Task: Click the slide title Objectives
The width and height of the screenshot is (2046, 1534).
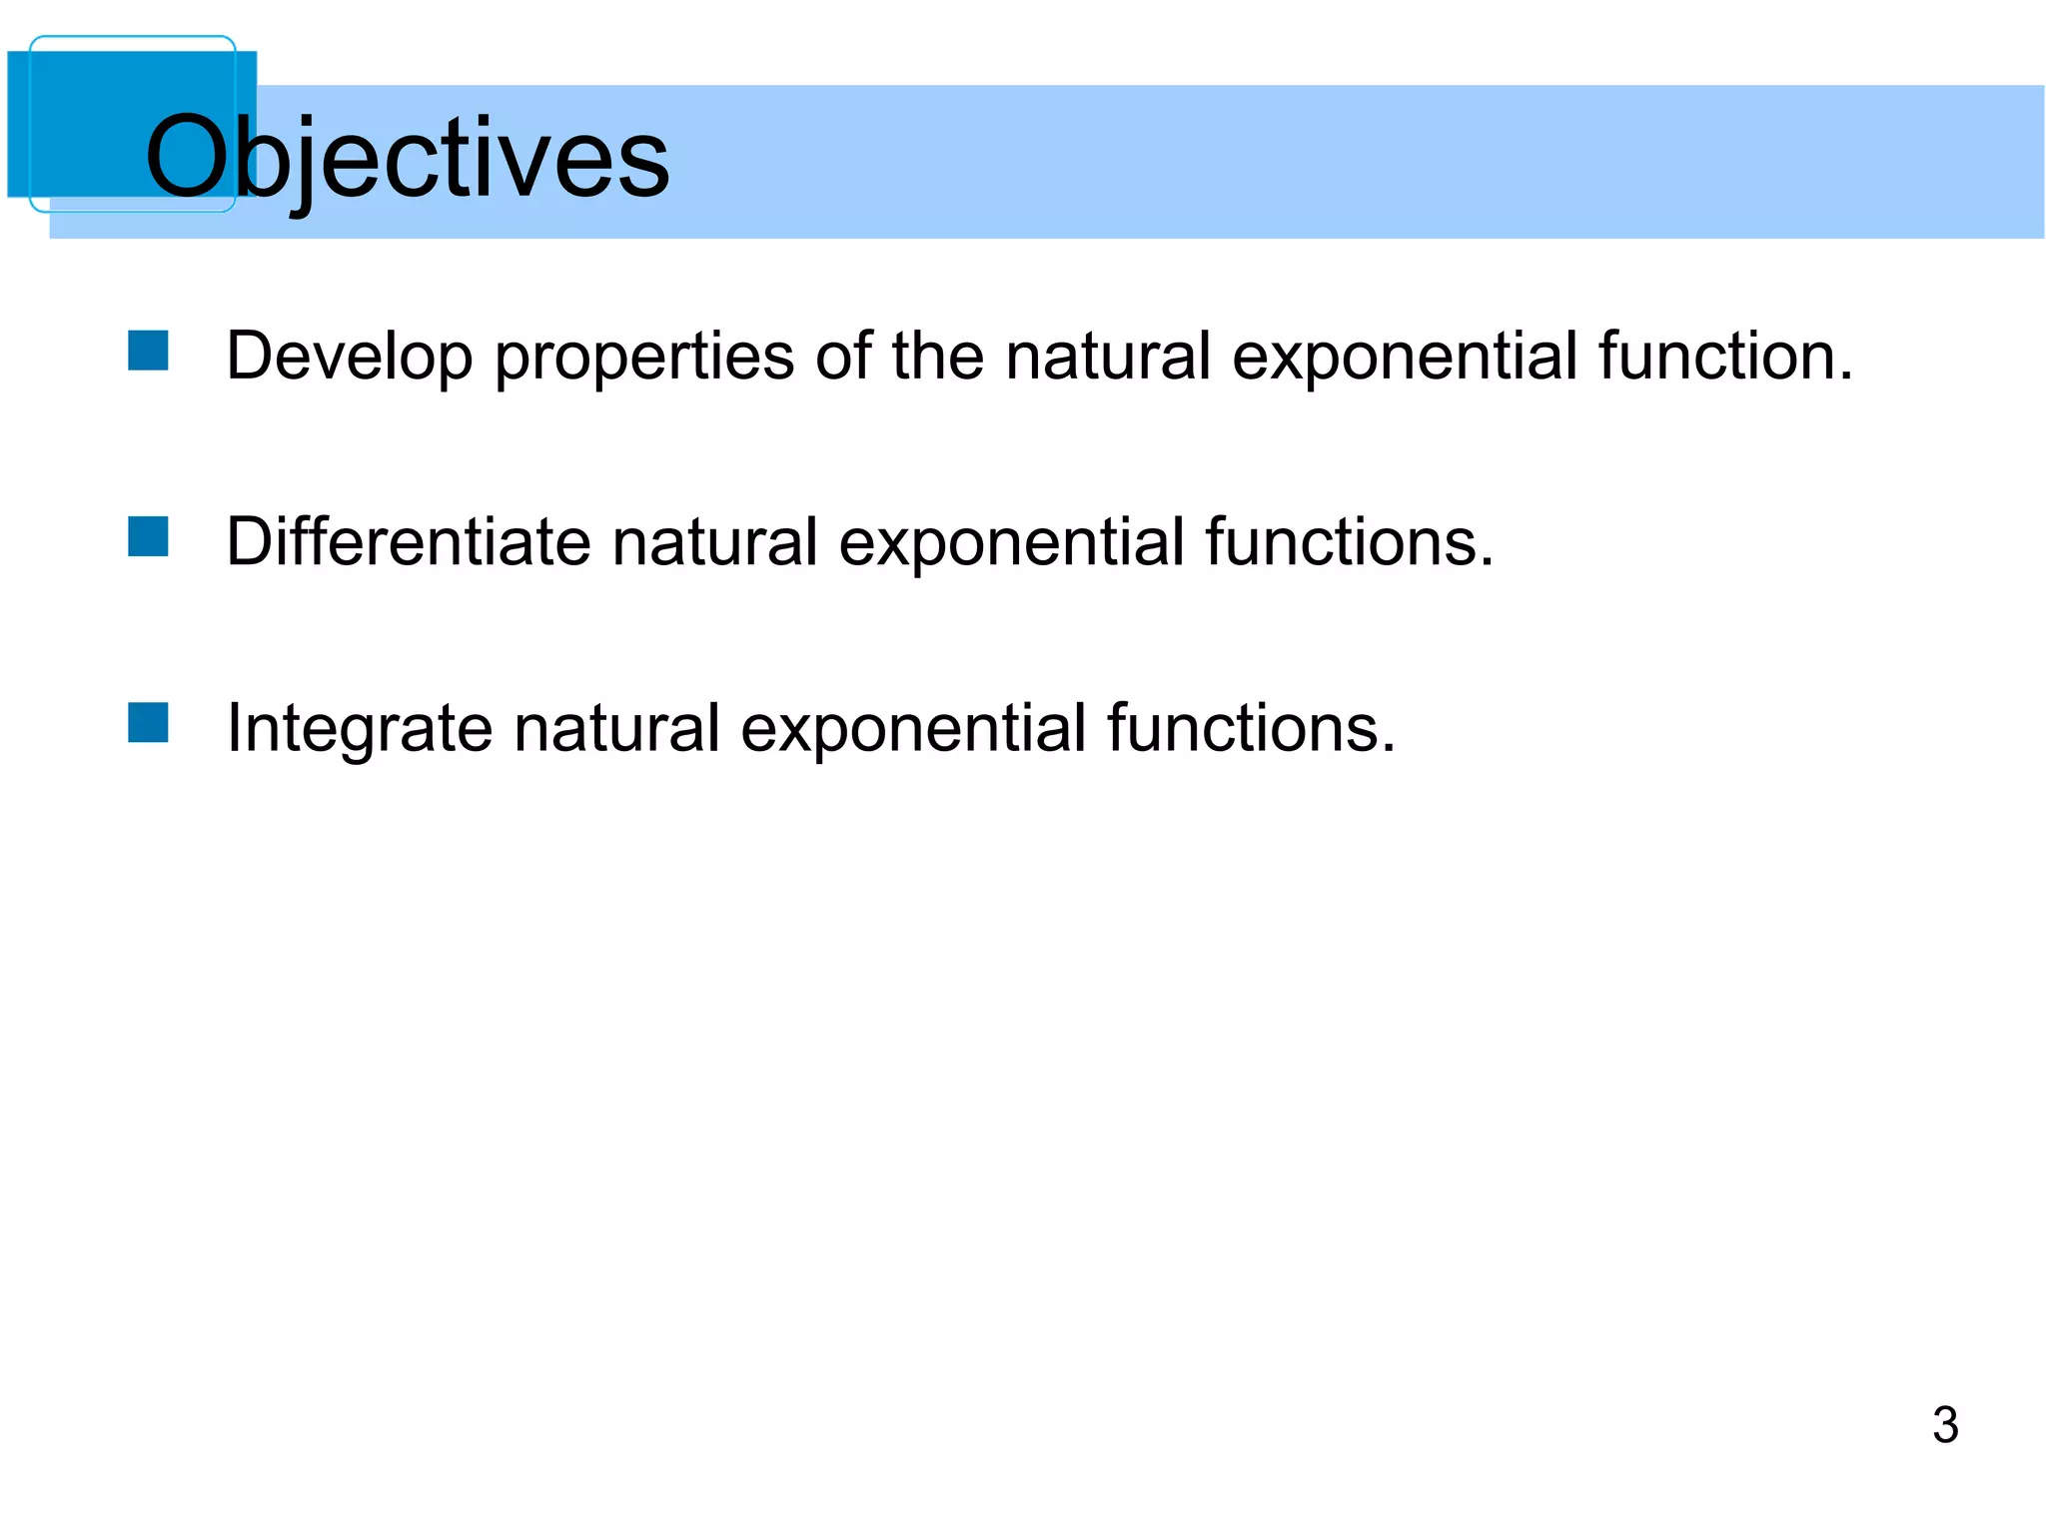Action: pos(407,158)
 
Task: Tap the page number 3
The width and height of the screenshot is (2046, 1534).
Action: pos(1944,1425)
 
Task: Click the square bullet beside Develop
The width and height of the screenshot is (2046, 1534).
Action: pos(148,351)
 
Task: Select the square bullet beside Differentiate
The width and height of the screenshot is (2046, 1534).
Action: pos(148,536)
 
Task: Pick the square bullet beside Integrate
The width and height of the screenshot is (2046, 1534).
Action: pos(148,723)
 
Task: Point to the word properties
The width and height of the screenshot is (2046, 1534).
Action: pos(644,357)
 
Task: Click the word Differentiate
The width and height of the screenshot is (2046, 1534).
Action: pos(409,542)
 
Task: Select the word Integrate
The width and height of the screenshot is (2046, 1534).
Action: pos(359,728)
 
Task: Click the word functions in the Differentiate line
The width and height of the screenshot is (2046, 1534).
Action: pos(1348,542)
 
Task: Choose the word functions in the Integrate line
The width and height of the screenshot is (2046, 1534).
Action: pos(1250,728)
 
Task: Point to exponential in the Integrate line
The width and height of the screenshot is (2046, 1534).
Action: pos(912,728)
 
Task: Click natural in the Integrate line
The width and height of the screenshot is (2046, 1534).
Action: pos(616,728)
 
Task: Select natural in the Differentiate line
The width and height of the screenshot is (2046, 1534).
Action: pos(714,542)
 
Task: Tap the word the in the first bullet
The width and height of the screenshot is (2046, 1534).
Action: pos(937,357)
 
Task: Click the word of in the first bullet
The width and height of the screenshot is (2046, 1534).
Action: pos(842,357)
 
